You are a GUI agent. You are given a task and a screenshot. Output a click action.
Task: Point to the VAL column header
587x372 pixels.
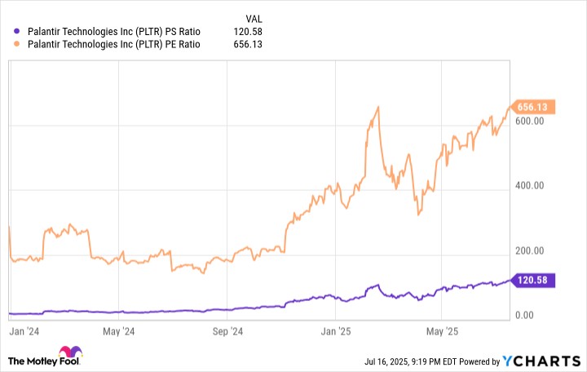(254, 17)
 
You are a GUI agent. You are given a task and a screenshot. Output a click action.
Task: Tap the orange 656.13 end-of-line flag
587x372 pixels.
(532, 107)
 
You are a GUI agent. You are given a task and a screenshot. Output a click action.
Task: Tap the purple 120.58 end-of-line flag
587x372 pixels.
(532, 280)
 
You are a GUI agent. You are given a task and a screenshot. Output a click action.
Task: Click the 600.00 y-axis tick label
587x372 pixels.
(528, 121)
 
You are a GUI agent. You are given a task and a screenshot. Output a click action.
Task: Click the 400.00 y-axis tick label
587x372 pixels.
(528, 186)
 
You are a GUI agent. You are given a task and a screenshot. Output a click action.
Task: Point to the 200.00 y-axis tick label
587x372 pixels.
(528, 250)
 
